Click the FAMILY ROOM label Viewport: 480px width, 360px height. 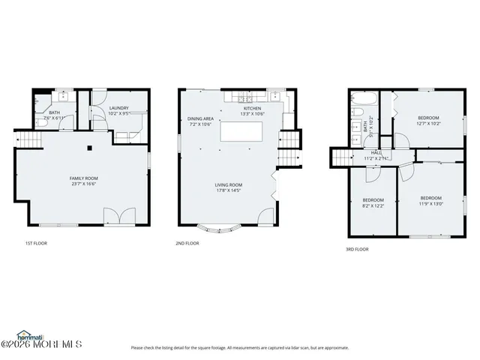[x=85, y=178]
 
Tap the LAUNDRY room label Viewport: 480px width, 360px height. [x=119, y=108]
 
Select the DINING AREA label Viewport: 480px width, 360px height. [x=201, y=118]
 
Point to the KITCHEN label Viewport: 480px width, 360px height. [x=253, y=108]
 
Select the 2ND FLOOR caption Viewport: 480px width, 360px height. [x=187, y=243]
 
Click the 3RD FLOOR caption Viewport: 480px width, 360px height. [x=356, y=248]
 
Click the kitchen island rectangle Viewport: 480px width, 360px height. [x=242, y=131]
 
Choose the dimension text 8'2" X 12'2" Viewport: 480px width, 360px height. [x=373, y=205]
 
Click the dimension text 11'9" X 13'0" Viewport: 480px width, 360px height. [x=431, y=203]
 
